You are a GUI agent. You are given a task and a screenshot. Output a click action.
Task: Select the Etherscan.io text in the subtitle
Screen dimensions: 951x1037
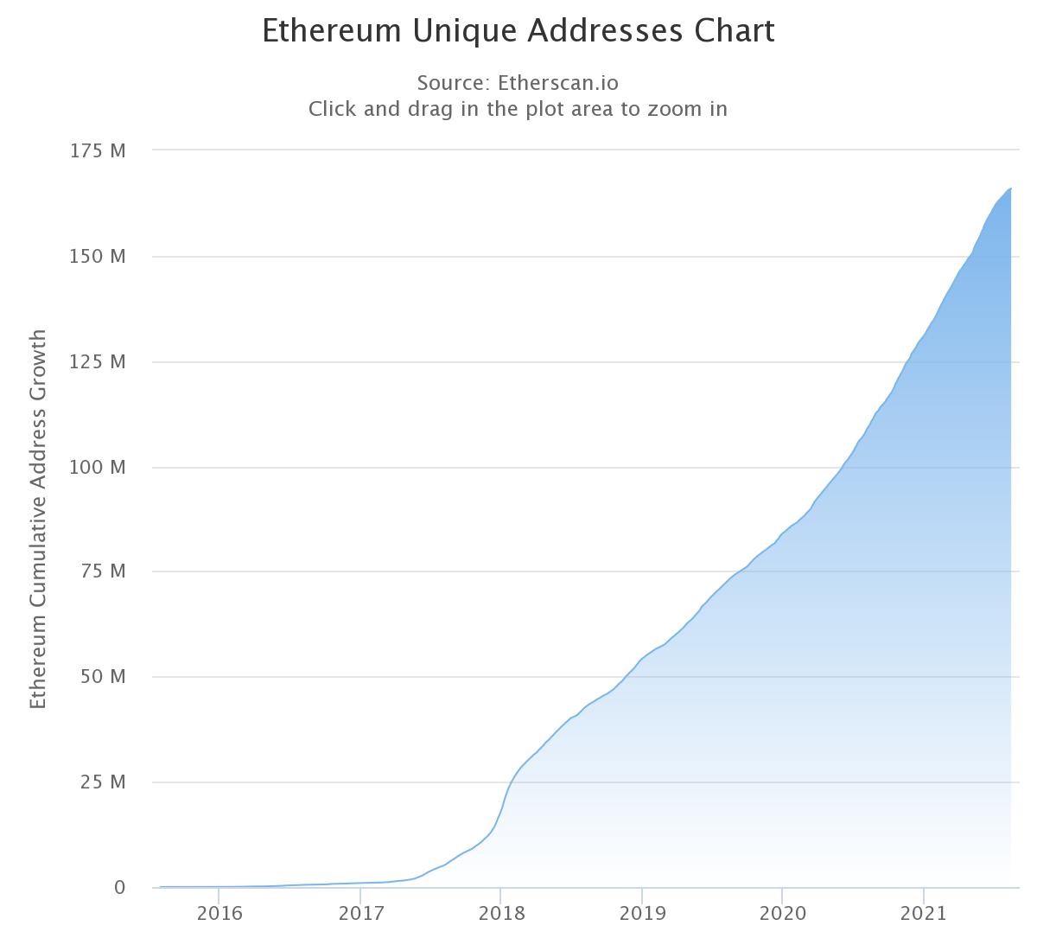pyautogui.click(x=558, y=83)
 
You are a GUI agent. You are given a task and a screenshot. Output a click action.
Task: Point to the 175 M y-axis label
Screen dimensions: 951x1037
pyautogui.click(x=98, y=151)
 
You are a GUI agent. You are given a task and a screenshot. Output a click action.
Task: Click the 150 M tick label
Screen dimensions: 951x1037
pyautogui.click(x=98, y=257)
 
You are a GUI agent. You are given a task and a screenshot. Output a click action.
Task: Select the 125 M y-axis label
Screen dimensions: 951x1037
pyautogui.click(x=98, y=362)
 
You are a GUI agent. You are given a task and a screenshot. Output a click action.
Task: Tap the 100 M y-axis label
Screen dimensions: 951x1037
pyautogui.click(x=98, y=468)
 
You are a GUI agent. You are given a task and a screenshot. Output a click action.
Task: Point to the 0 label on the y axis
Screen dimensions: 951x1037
pyautogui.click(x=119, y=888)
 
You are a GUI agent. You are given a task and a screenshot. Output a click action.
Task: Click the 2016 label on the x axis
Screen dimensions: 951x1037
pyautogui.click(x=219, y=914)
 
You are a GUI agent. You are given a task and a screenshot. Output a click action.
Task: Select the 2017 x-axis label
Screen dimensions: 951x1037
pyautogui.click(x=360, y=914)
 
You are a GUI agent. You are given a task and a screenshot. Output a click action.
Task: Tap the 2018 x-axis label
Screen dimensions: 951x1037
pyautogui.click(x=501, y=914)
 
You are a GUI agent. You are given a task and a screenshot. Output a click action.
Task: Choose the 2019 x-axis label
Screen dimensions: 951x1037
pyautogui.click(x=642, y=914)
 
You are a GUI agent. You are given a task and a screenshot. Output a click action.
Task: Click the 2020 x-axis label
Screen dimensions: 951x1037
pyautogui.click(x=782, y=914)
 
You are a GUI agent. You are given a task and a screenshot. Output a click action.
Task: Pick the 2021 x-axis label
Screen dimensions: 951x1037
pyautogui.click(x=924, y=914)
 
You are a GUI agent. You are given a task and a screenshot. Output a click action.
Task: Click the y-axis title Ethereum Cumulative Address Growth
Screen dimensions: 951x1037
pyautogui.click(x=38, y=519)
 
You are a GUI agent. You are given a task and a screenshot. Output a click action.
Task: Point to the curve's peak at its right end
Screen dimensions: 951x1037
pyautogui.click(x=1010, y=188)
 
